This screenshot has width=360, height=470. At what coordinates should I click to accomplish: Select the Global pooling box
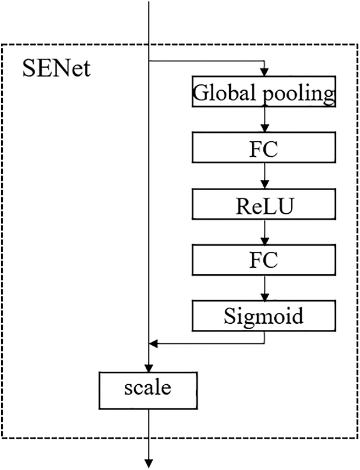(264, 91)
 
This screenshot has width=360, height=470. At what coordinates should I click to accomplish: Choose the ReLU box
(264, 206)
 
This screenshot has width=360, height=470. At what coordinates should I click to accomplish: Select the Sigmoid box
(264, 316)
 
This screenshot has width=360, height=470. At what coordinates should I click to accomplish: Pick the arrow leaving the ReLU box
(265, 233)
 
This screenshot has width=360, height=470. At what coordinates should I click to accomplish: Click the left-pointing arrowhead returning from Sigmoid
(153, 344)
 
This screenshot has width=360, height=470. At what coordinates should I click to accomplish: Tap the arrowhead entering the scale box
(149, 368)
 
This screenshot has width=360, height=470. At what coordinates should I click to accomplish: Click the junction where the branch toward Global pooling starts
(149, 61)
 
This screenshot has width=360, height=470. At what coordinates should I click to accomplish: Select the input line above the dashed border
(149, 22)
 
